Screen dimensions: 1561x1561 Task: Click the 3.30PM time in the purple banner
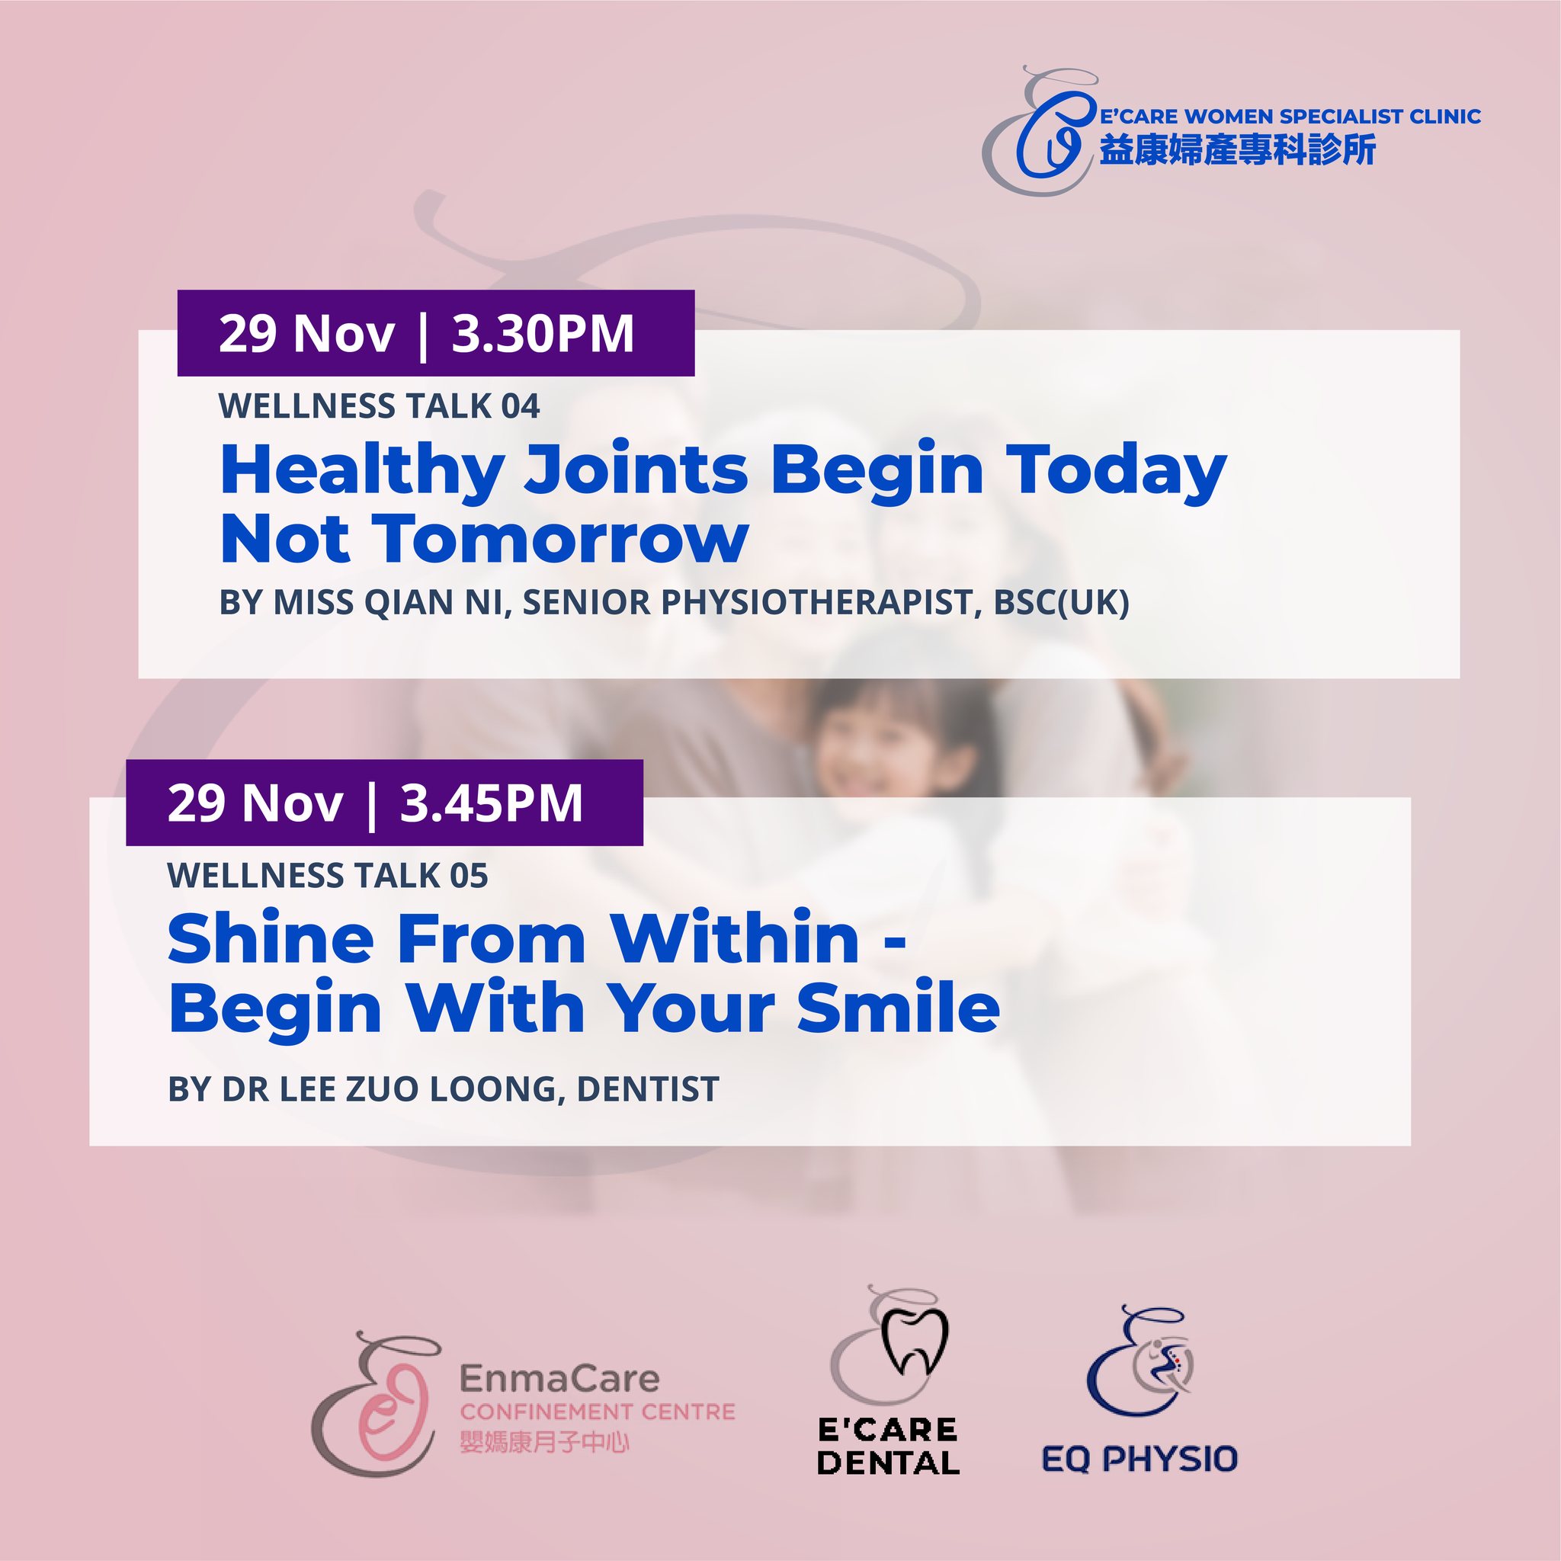point(543,334)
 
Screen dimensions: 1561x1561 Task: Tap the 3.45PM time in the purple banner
point(492,803)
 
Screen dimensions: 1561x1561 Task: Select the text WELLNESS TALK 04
point(379,406)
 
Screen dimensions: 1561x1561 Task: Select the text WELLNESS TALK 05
point(328,876)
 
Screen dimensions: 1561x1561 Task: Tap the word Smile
point(899,1008)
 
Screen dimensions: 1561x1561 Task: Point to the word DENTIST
point(648,1090)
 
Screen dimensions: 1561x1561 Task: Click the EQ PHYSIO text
point(1140,1458)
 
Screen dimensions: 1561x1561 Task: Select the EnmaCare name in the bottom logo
point(559,1379)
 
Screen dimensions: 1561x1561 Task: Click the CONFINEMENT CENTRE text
point(598,1412)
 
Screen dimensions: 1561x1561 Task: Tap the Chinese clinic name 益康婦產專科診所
point(1237,150)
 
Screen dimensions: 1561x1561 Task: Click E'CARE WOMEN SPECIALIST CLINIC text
point(1290,117)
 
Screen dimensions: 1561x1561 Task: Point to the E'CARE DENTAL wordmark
point(888,1446)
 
